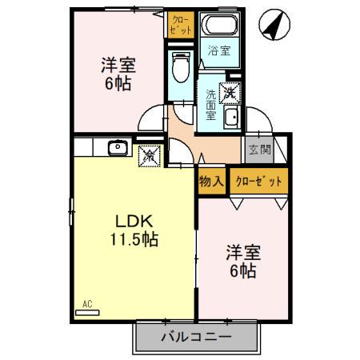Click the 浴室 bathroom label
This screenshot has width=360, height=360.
click(x=219, y=50)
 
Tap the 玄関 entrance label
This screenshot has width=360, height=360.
click(x=258, y=149)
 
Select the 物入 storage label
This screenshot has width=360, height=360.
click(x=211, y=181)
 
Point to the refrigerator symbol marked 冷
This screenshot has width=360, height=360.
click(x=149, y=155)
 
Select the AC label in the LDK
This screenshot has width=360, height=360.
click(x=87, y=304)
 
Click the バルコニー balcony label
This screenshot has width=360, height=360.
click(x=196, y=337)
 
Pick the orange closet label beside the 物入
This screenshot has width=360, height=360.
click(x=258, y=181)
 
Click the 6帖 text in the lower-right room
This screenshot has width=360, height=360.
click(x=242, y=273)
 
